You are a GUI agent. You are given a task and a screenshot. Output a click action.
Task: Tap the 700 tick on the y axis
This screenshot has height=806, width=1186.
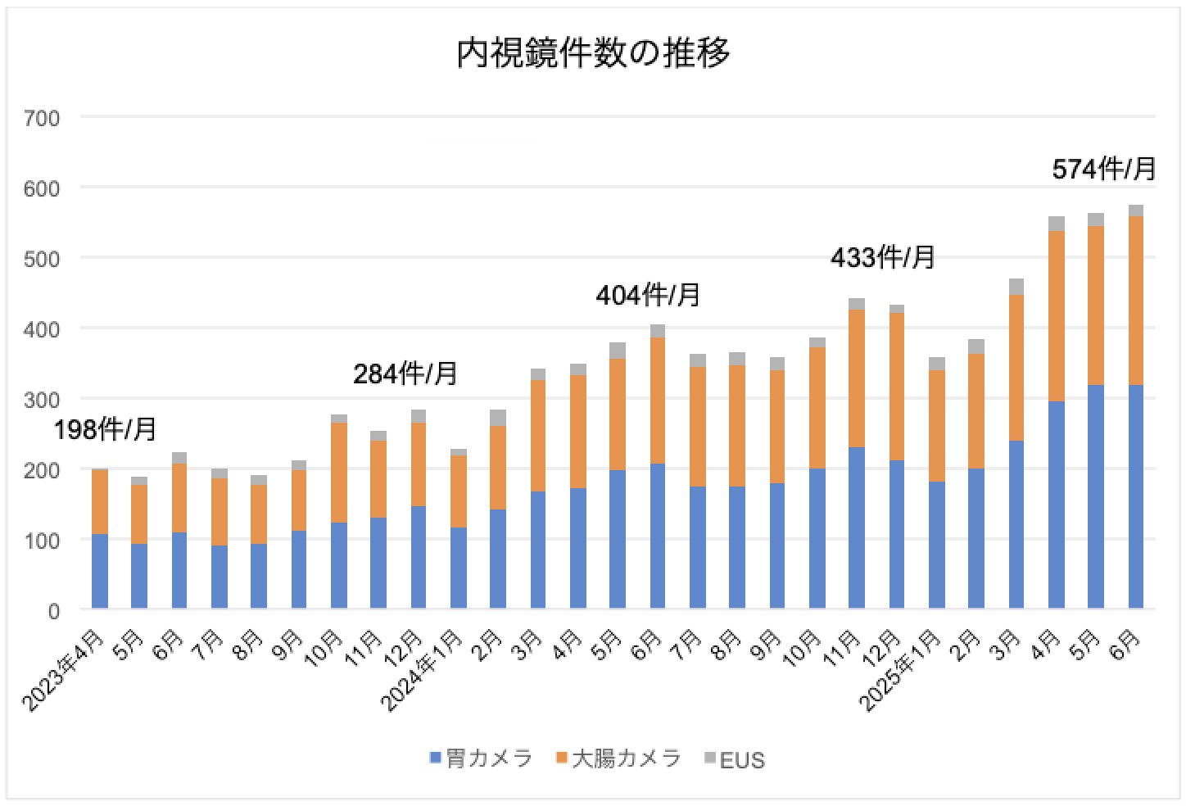coord(43,118)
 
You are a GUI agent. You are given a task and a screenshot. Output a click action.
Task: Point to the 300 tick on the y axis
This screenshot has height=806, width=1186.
coord(43,400)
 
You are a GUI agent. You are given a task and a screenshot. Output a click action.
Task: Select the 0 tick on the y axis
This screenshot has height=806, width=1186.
coord(53,610)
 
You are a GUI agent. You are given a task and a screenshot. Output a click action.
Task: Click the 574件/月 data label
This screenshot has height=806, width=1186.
coord(1103,169)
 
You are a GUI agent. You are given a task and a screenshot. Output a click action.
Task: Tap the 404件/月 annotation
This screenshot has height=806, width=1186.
coord(648,295)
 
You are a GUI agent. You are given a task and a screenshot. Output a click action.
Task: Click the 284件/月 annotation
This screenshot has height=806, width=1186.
coord(405,374)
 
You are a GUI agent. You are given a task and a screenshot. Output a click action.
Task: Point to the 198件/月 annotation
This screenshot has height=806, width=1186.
coord(105,429)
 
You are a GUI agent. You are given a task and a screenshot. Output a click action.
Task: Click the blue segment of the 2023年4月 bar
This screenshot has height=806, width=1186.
coord(100,571)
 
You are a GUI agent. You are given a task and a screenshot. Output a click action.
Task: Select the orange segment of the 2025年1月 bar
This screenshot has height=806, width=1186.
coord(936,426)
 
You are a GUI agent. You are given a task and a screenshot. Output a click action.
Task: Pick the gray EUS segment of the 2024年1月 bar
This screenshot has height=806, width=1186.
coord(458,452)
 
